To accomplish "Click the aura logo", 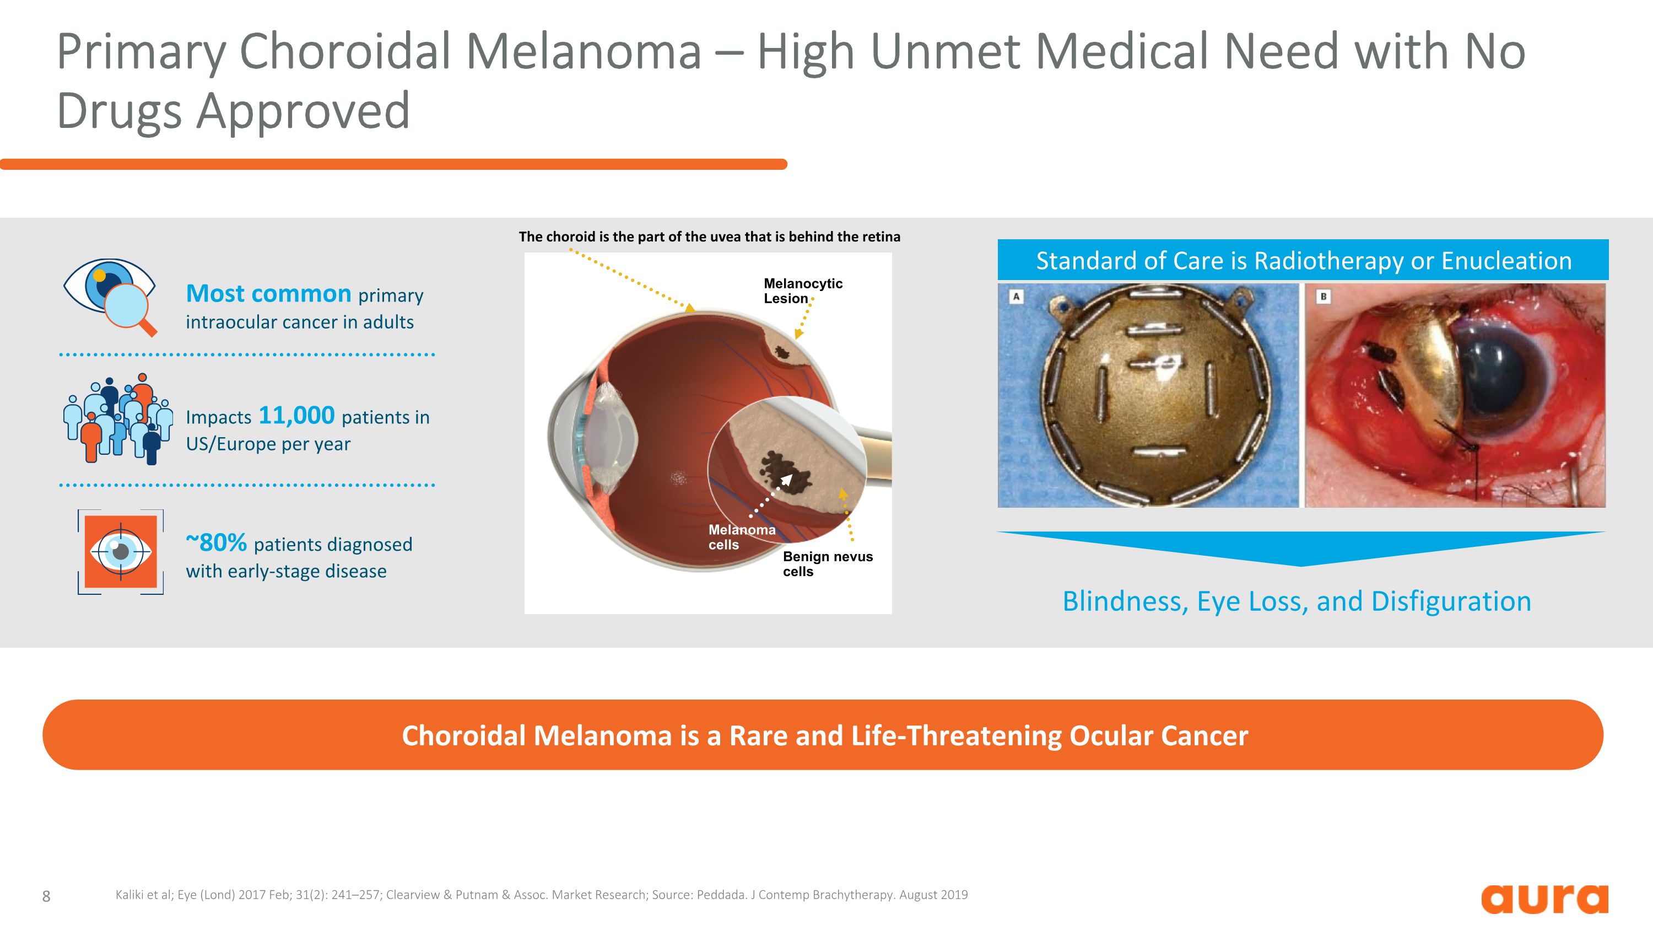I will (1544, 899).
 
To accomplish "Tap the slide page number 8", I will (46, 896).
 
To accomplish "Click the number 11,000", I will (296, 415).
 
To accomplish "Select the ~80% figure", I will (216, 542).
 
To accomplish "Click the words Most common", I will (268, 293).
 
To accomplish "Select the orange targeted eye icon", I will (121, 551).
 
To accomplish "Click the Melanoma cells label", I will (741, 537).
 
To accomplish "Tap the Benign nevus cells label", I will (827, 563).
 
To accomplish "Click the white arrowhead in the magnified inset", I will (786, 480).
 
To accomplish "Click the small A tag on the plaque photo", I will (1016, 297).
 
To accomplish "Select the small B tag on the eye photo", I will (1322, 297).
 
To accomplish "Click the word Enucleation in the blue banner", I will (1506, 261).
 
